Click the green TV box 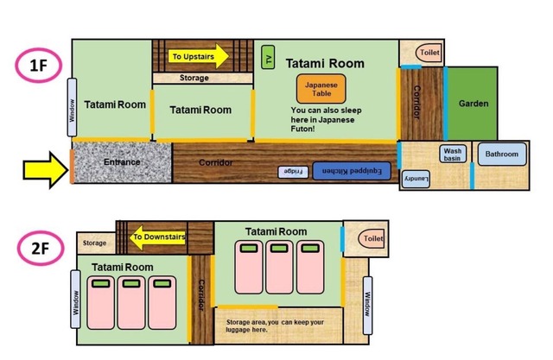(x=268, y=57)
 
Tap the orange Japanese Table (x=321, y=89)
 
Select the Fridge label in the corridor (x=293, y=172)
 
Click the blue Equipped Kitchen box (x=352, y=171)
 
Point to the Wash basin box (x=453, y=154)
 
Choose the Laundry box (x=416, y=179)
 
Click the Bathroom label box (x=502, y=154)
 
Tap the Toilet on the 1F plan (x=429, y=53)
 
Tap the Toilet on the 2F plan (x=372, y=238)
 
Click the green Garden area (x=473, y=104)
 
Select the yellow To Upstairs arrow (x=199, y=56)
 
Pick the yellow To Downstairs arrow (x=157, y=237)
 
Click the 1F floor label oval (x=38, y=66)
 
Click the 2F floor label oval (x=41, y=249)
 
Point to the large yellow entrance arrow (x=46, y=170)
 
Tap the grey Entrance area (x=122, y=162)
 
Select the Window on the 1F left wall (x=72, y=107)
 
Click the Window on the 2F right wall (x=367, y=306)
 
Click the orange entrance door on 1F (x=72, y=167)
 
